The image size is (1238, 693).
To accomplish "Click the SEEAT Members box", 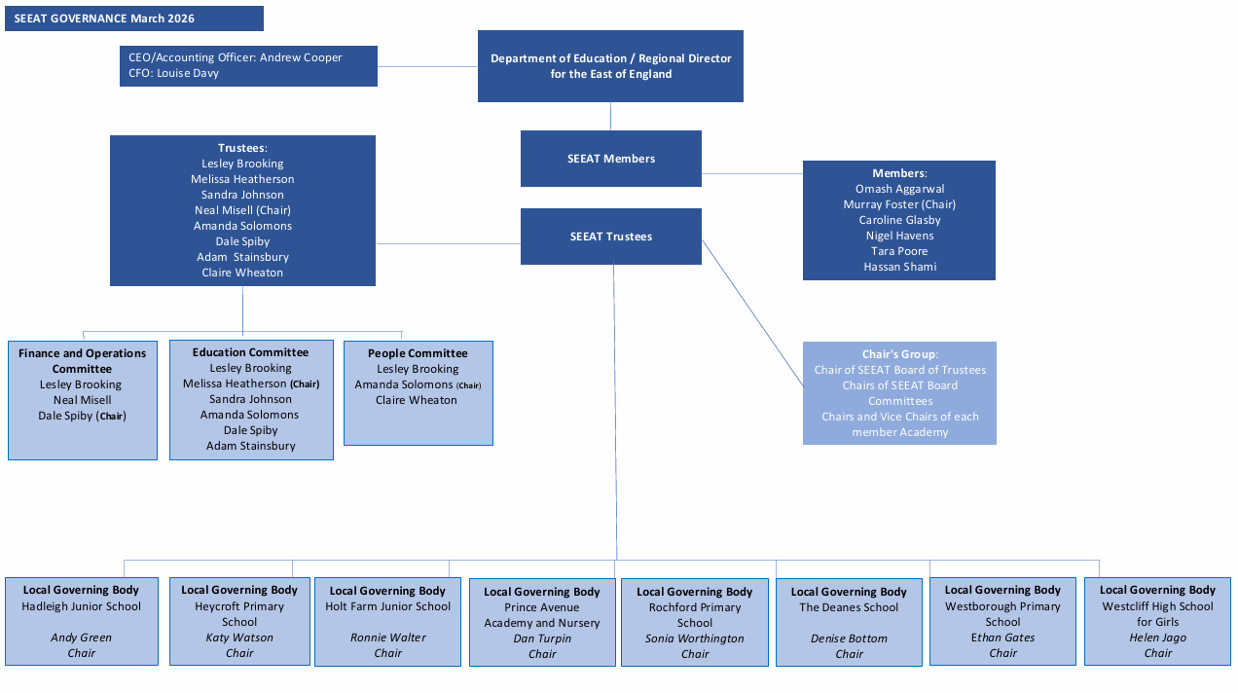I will [610, 159].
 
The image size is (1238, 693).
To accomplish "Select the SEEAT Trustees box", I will [610, 237].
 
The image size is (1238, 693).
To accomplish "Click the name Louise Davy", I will [188, 73].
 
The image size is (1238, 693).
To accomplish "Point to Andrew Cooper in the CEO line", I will [301, 57].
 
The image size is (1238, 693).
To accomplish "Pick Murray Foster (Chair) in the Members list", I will [899, 204].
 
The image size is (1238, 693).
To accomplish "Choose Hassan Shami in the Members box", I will [899, 267].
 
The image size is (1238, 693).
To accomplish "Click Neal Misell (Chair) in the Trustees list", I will [242, 210].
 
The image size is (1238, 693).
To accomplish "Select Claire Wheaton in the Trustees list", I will [242, 273].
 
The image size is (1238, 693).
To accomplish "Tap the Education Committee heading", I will [250, 352].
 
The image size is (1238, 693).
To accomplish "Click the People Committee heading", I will [418, 353].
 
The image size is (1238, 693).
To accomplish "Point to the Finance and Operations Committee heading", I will [82, 361].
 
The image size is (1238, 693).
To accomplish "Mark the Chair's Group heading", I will [899, 354].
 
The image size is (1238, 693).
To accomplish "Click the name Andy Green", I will [81, 638].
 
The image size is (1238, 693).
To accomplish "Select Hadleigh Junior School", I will [81, 606].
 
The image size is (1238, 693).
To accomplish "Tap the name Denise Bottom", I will [849, 638].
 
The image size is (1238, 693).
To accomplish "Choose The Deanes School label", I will [849, 607].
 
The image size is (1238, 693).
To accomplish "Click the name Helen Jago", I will [1157, 638].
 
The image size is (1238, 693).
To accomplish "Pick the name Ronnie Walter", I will [387, 638].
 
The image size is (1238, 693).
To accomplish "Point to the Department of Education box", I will [610, 66].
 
